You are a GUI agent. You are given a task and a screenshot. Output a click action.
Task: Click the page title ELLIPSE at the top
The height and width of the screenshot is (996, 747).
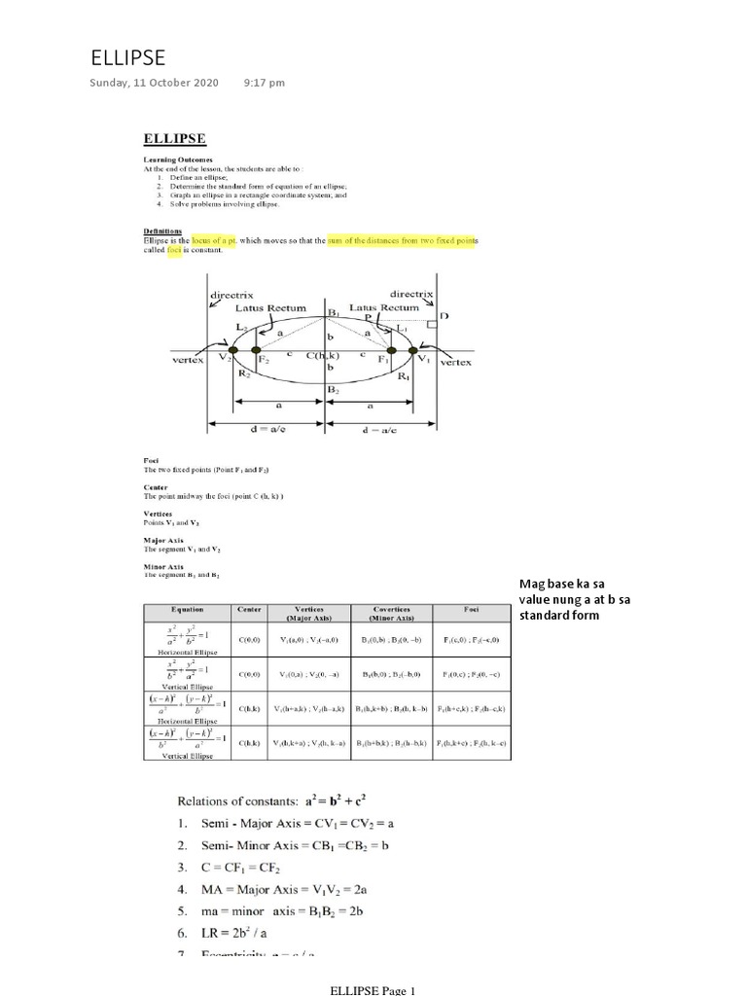[127, 56]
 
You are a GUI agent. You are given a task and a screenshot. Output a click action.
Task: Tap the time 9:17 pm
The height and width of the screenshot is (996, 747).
[265, 83]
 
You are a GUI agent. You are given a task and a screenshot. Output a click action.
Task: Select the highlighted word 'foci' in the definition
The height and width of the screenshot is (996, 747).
[175, 250]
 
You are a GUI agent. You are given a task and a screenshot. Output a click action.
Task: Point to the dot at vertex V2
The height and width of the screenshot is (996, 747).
[232, 350]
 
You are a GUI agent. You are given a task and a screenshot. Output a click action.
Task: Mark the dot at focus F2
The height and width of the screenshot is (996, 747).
[256, 350]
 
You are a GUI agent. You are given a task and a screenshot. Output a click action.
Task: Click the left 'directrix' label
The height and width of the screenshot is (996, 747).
[232, 293]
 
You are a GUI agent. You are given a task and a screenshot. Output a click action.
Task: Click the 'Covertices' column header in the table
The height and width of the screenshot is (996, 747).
[394, 613]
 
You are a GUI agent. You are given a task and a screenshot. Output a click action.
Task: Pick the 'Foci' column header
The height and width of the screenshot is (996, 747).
[473, 609]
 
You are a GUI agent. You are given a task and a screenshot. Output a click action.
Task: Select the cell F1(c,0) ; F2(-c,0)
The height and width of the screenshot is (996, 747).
[473, 640]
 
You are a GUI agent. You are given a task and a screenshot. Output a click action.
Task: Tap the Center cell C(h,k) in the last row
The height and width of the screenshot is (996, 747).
[248, 742]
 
